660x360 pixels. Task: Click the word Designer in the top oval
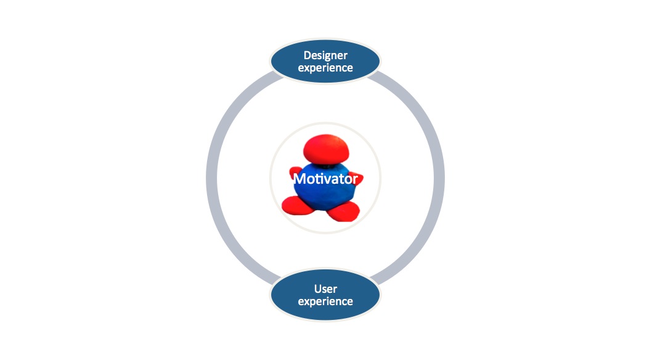[x=325, y=55]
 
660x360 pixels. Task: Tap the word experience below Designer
[x=325, y=68]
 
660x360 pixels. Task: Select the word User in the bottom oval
[x=325, y=289]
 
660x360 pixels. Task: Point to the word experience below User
[x=325, y=302]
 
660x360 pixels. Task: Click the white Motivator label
[x=325, y=179]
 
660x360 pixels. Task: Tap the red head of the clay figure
[x=326, y=149]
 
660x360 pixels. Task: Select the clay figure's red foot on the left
[x=297, y=205]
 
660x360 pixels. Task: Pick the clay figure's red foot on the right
[x=343, y=211]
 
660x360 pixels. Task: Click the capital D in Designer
[x=308, y=55]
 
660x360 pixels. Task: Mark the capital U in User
[x=318, y=289]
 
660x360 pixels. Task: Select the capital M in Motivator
[x=299, y=179]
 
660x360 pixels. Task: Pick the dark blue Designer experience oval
[x=325, y=62]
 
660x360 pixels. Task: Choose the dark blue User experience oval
[x=325, y=295]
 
